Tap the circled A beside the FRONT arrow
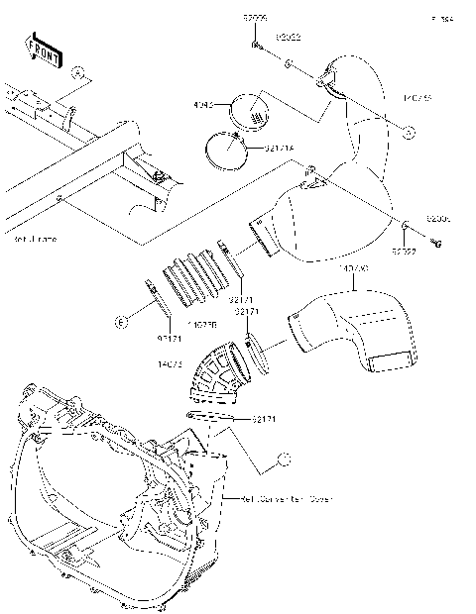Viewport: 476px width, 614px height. [x=78, y=72]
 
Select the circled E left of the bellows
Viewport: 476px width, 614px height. [x=119, y=322]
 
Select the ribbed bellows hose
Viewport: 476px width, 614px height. [x=190, y=277]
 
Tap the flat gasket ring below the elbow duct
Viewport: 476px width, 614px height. [x=210, y=417]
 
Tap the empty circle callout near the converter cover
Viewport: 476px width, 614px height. [x=283, y=458]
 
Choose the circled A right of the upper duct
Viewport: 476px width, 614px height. [x=408, y=130]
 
